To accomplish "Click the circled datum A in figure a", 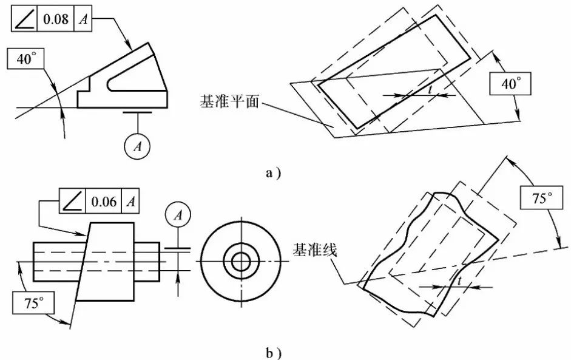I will pos(137,146).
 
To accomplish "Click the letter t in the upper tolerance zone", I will pos(430,89).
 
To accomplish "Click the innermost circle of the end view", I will pos(241,262).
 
